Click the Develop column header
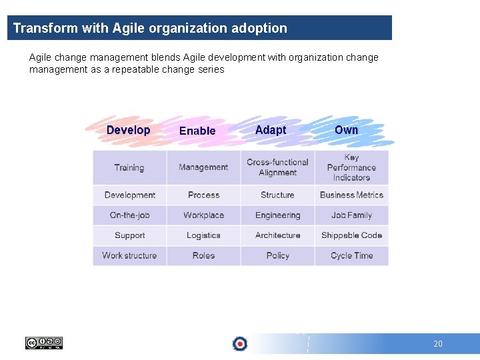(x=128, y=130)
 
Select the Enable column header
(x=197, y=131)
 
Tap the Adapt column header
(x=271, y=130)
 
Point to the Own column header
(x=346, y=130)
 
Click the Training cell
(x=129, y=167)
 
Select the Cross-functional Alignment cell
(x=277, y=167)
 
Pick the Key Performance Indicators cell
(x=351, y=167)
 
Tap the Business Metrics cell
(x=351, y=195)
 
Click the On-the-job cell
(x=129, y=215)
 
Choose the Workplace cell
(x=203, y=215)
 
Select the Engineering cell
(x=277, y=215)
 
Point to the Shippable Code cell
(x=351, y=235)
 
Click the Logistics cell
(x=203, y=235)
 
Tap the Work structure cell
(x=129, y=255)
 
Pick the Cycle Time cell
(x=351, y=255)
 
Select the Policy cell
(x=277, y=255)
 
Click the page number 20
(x=437, y=344)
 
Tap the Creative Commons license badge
(x=43, y=343)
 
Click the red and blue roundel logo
(x=239, y=343)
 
